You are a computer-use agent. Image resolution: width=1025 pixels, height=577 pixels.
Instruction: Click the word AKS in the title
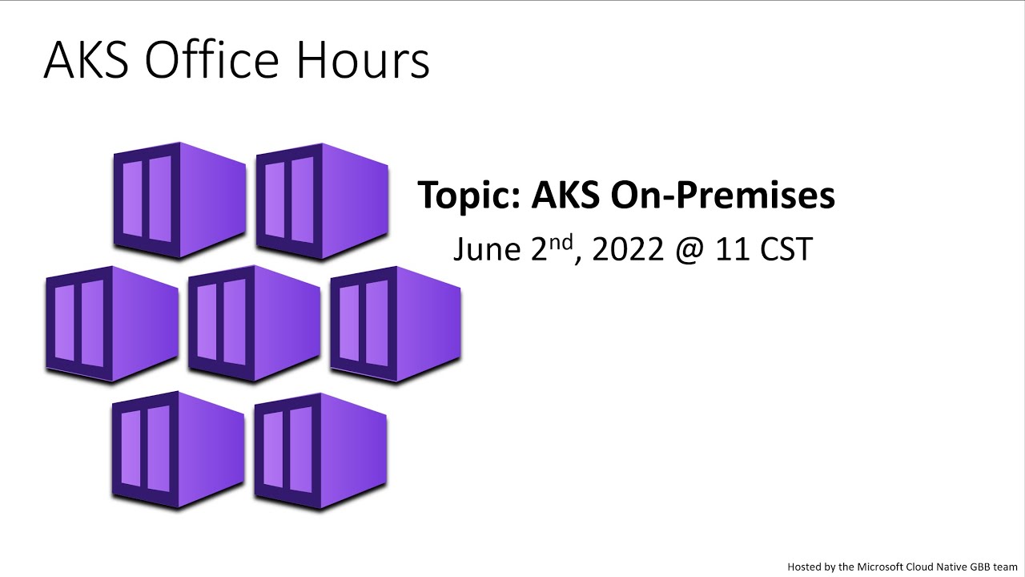coord(85,60)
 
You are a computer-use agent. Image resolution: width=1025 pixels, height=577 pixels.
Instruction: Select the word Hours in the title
coord(368,60)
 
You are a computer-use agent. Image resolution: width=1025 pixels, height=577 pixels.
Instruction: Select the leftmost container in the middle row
coord(111,324)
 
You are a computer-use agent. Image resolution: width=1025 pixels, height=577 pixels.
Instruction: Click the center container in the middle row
coord(254,324)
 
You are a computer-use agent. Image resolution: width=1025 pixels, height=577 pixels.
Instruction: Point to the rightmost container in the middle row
coord(396,324)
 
